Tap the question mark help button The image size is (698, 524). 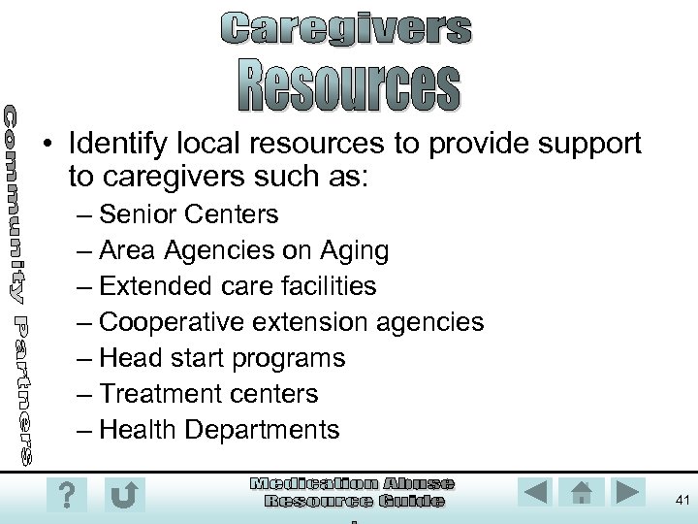click(x=66, y=495)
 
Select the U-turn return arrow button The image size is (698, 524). click(x=124, y=495)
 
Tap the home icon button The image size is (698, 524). click(x=582, y=492)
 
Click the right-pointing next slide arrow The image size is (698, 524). click(x=629, y=492)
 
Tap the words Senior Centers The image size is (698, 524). click(x=189, y=213)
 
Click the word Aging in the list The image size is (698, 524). click(x=356, y=249)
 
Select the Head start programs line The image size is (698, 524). click(x=222, y=357)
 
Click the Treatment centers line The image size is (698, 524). click(x=208, y=393)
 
